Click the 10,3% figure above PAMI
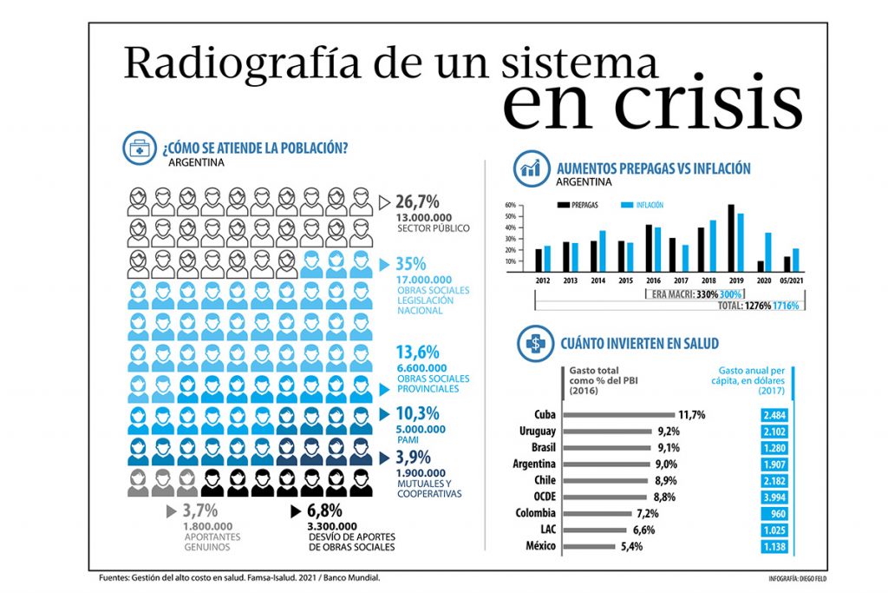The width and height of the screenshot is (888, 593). click(x=416, y=413)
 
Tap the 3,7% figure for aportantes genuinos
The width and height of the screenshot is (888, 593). click(x=199, y=511)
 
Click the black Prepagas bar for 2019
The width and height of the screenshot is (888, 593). click(x=731, y=238)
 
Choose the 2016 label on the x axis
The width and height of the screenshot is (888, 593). click(x=652, y=280)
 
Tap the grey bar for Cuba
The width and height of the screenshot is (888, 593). click(x=618, y=415)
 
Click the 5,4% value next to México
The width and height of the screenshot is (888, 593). click(x=630, y=547)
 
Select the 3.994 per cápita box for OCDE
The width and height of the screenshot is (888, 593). click(x=775, y=497)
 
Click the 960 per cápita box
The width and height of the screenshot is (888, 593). click(x=775, y=513)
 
